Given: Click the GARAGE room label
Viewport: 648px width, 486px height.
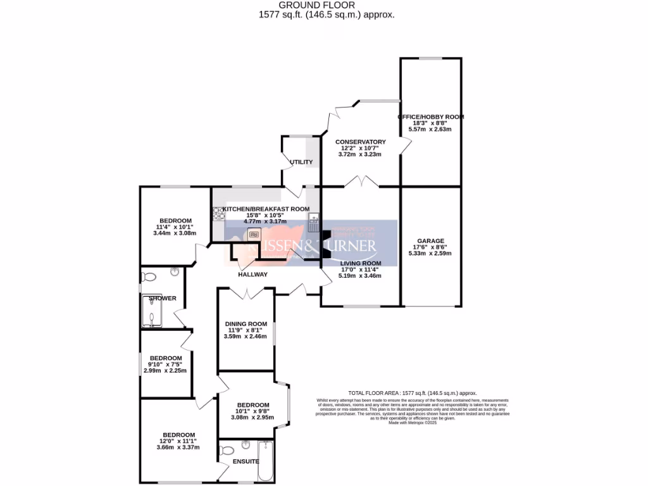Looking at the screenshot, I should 430,240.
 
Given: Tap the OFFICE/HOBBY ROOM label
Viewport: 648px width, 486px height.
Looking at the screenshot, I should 430,117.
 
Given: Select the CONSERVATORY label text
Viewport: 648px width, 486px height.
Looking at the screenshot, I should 360,142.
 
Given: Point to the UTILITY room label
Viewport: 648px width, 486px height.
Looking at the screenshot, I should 301,162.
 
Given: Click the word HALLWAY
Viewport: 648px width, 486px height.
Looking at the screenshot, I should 252,275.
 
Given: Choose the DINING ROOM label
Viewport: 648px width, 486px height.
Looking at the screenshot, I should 247,323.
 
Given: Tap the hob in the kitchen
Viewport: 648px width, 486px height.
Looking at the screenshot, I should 219,215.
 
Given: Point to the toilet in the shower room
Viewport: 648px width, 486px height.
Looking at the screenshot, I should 149,277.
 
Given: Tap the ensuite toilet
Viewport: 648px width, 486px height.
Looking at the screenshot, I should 227,451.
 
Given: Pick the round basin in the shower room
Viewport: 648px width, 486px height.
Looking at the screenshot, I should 175,272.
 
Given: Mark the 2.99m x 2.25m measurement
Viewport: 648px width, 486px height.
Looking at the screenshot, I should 165,371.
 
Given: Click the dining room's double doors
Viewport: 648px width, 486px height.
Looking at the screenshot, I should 246,293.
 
